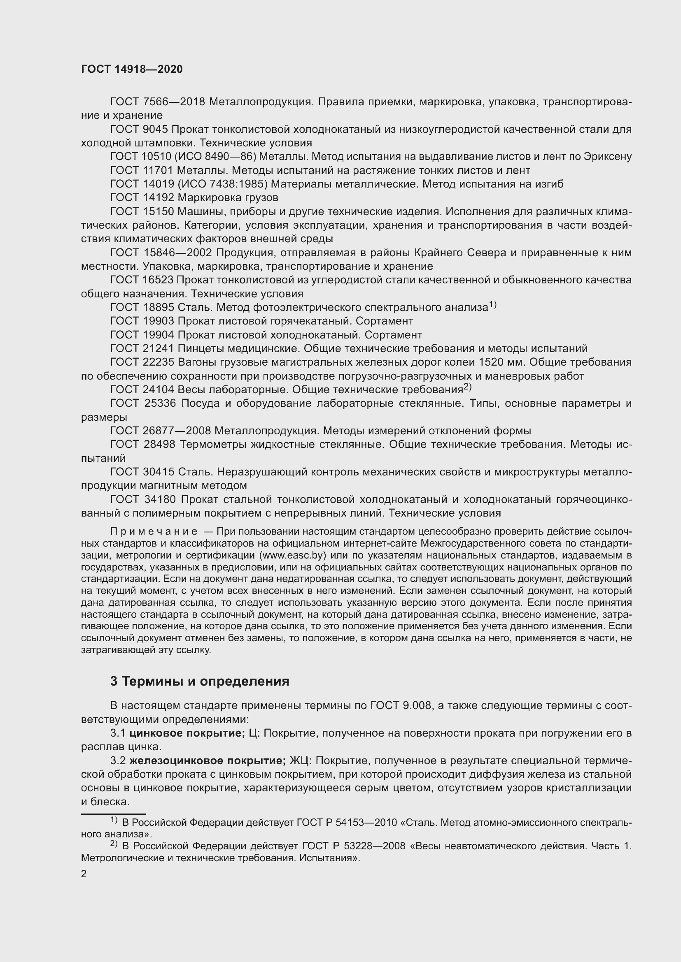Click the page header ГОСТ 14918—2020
coord(132,70)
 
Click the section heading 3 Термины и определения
coord(200,681)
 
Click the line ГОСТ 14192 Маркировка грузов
coord(194,197)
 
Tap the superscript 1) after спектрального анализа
coord(492,305)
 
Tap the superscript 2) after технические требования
coord(468,387)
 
